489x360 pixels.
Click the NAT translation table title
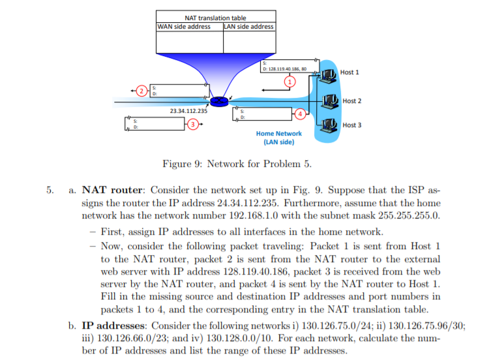point(215,18)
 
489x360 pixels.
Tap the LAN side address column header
point(248,27)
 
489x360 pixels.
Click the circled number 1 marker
point(291,81)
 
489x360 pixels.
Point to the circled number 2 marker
point(139,91)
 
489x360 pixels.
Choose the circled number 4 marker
point(299,115)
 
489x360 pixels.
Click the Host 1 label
point(349,72)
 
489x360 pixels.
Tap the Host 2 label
point(351,101)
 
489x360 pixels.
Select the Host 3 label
point(351,125)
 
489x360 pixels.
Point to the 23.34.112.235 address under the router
point(188,112)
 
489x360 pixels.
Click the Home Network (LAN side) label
point(279,137)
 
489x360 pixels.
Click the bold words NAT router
point(113,190)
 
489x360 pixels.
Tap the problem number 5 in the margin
point(49,190)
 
